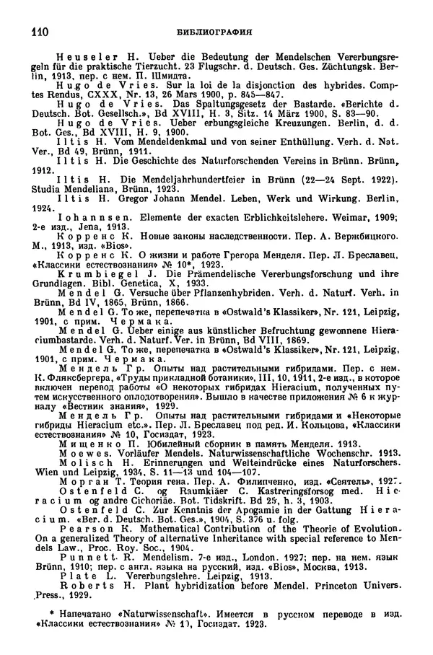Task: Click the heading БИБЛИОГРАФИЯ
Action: coord(216,32)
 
